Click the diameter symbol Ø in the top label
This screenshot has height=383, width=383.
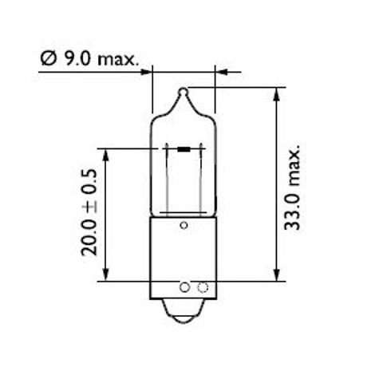46,57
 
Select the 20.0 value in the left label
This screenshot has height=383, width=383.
89,234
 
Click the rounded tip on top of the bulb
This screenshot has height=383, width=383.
183,93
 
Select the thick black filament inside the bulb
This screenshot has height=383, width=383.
184,148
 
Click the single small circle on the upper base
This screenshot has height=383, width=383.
184,226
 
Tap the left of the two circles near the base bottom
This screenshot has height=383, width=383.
186,286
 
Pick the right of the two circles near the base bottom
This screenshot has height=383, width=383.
202,286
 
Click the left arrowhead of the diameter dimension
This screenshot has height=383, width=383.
146,72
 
